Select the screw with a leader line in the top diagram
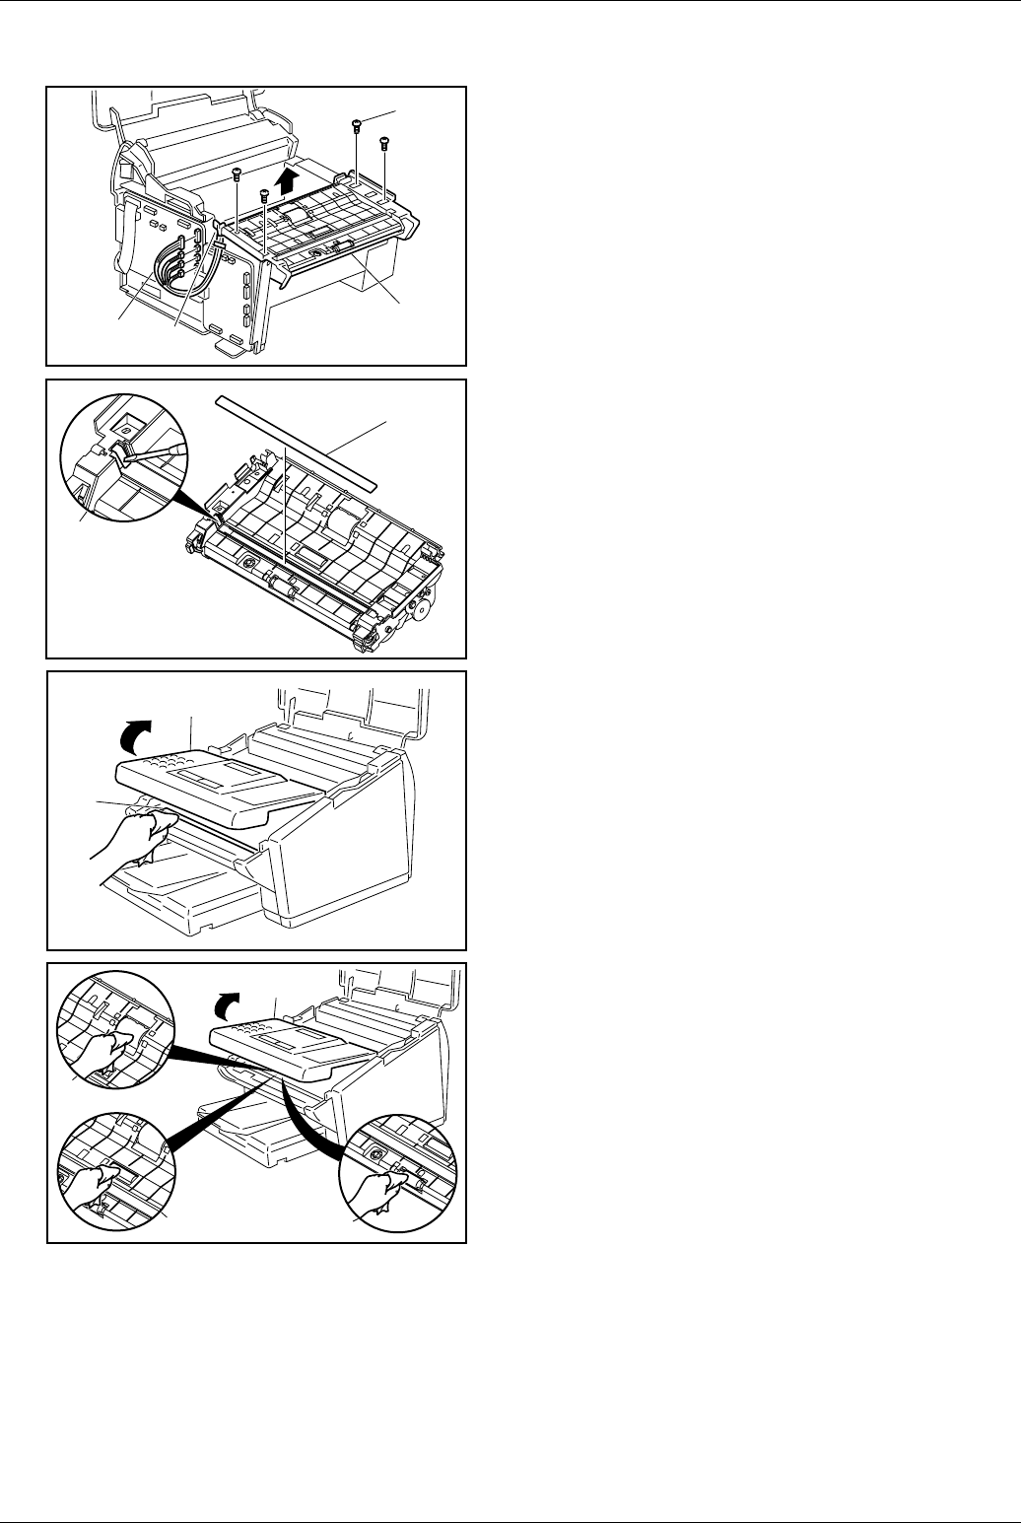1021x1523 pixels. [x=357, y=125]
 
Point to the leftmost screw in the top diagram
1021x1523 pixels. [x=237, y=174]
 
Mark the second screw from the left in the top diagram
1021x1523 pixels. [x=264, y=196]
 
